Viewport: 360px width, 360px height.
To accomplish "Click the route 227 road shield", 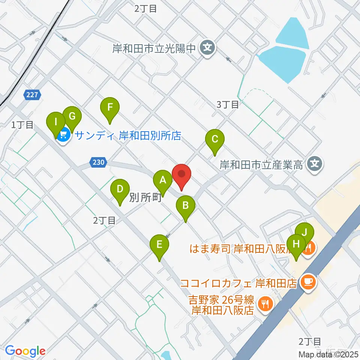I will click(32, 95).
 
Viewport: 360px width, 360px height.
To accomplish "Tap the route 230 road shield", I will click(98, 163).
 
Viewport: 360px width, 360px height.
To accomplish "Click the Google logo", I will click(25, 351).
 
